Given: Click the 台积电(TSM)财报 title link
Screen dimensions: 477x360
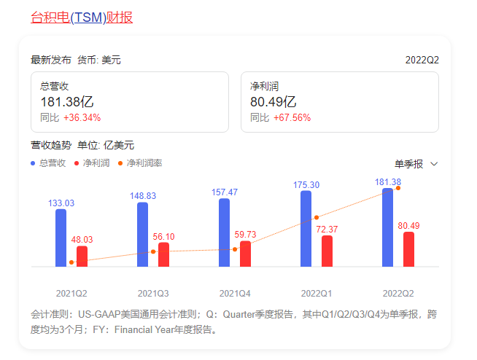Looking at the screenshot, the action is (x=82, y=17).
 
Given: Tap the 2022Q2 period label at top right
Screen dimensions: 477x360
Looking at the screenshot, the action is (x=422, y=60).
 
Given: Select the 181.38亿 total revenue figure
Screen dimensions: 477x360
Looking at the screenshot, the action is (x=67, y=102).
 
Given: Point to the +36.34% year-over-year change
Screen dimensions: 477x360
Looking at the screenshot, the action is (x=82, y=117).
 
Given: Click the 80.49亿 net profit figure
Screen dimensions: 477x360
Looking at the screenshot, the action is (x=274, y=102).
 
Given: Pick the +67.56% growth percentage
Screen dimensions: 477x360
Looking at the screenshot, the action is (x=292, y=117).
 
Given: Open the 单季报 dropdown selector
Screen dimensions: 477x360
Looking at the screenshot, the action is (x=416, y=164).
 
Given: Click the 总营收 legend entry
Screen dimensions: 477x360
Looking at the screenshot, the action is (x=48, y=163).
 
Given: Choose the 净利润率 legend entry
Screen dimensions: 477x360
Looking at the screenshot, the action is (x=140, y=163).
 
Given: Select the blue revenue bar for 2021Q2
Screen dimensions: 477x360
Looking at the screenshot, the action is (x=61, y=238).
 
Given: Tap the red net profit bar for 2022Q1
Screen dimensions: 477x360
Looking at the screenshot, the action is (x=327, y=251).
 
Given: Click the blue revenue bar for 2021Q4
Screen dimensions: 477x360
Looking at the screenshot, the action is (x=224, y=232).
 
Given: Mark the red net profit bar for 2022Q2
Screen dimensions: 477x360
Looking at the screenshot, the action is (x=408, y=249).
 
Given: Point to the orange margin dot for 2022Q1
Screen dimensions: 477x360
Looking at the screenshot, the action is (x=317, y=217).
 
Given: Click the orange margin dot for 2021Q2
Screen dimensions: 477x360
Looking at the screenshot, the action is (x=71, y=262).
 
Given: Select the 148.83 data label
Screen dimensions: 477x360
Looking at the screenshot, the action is (x=143, y=196).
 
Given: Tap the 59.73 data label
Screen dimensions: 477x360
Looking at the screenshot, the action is (x=245, y=235).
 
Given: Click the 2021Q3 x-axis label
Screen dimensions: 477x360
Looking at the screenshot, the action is (x=153, y=294).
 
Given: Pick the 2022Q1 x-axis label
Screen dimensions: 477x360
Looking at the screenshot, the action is (x=317, y=294).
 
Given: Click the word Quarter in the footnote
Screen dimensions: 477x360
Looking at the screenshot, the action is (x=238, y=314).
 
